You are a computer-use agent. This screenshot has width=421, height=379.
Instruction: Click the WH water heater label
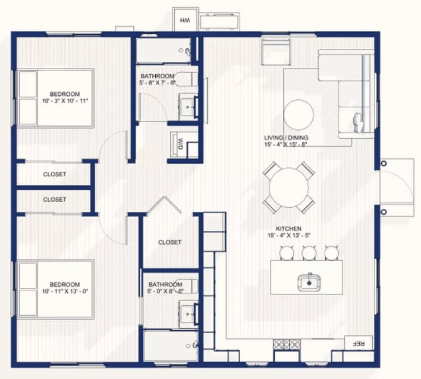[185, 20]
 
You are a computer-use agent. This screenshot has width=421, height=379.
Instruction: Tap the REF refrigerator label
[359, 343]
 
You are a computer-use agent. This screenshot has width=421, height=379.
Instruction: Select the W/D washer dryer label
[181, 144]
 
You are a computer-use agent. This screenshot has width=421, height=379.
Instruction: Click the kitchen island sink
[309, 282]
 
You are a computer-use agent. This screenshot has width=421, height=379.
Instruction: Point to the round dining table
[288, 187]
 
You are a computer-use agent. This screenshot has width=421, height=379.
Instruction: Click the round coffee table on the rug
[299, 115]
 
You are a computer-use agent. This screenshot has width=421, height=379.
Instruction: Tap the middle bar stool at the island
[309, 252]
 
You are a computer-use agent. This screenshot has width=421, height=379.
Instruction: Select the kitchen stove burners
[287, 344]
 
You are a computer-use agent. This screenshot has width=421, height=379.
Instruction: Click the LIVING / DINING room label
[286, 138]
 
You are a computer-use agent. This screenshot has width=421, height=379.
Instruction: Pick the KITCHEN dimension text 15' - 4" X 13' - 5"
[289, 235]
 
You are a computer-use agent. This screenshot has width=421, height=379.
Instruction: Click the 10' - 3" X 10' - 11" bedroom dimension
[65, 101]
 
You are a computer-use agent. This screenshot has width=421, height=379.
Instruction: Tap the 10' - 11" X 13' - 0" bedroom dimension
[65, 291]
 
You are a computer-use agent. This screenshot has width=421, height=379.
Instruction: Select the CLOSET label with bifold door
[169, 242]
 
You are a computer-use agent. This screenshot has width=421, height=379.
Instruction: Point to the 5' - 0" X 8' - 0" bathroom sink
[188, 314]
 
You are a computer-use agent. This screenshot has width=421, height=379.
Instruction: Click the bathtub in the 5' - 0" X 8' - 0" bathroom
[171, 346]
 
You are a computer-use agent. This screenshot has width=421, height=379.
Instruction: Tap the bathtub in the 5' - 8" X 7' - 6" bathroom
[164, 51]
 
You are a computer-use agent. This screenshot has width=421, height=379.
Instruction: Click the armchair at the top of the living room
[277, 52]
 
